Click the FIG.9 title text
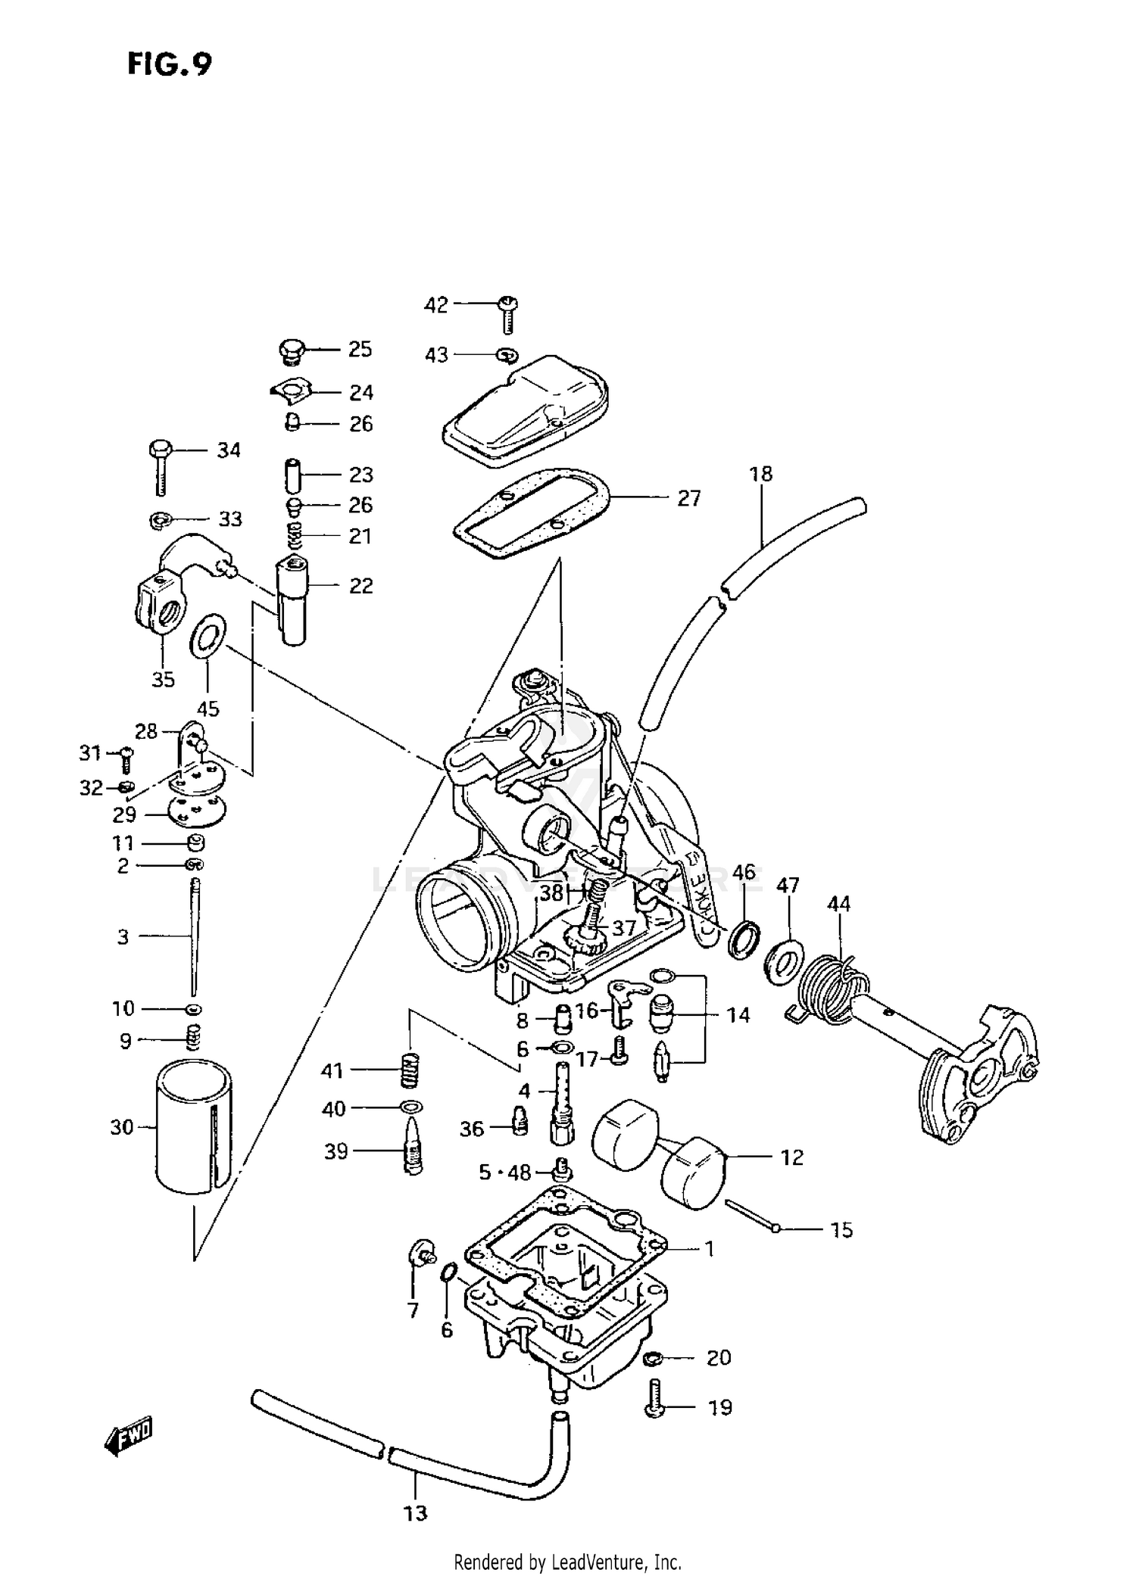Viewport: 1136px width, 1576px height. pyautogui.click(x=169, y=64)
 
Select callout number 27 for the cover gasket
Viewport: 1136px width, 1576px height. pyautogui.click(x=688, y=498)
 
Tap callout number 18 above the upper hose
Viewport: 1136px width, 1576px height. pyautogui.click(x=760, y=474)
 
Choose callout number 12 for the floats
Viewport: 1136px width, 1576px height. pyautogui.click(x=791, y=1157)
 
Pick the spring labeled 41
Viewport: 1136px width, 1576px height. pyautogui.click(x=410, y=1070)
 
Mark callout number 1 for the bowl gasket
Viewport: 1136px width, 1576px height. pyautogui.click(x=709, y=1249)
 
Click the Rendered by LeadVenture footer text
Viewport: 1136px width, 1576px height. pyautogui.click(x=567, y=1562)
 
